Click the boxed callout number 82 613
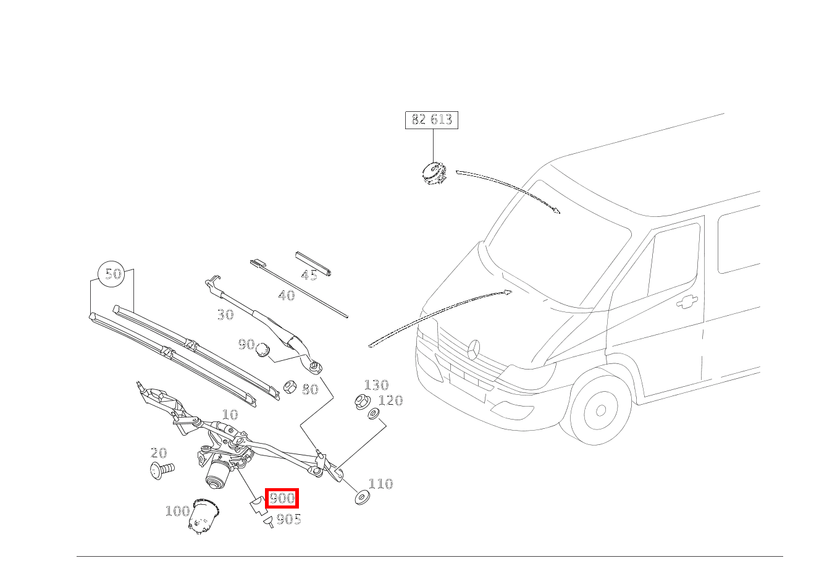432,120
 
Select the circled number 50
112,274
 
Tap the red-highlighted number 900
282,498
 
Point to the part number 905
289,520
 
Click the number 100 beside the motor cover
178,511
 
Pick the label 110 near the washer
380,484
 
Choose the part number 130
376,385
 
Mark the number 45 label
309,275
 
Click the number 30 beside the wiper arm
225,315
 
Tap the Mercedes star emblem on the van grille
474,350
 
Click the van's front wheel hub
601,411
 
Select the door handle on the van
687,302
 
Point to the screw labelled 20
162,470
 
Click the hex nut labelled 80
290,387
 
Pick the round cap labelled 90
263,350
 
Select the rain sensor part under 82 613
434,173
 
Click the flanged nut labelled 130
363,400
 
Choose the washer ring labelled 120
373,413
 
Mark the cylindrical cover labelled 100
204,516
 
